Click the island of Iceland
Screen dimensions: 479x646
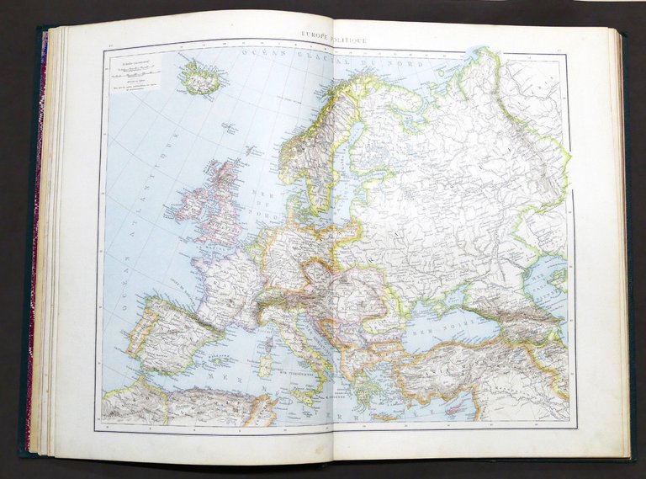[x=200, y=78]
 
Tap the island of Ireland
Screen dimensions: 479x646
[x=187, y=206]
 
